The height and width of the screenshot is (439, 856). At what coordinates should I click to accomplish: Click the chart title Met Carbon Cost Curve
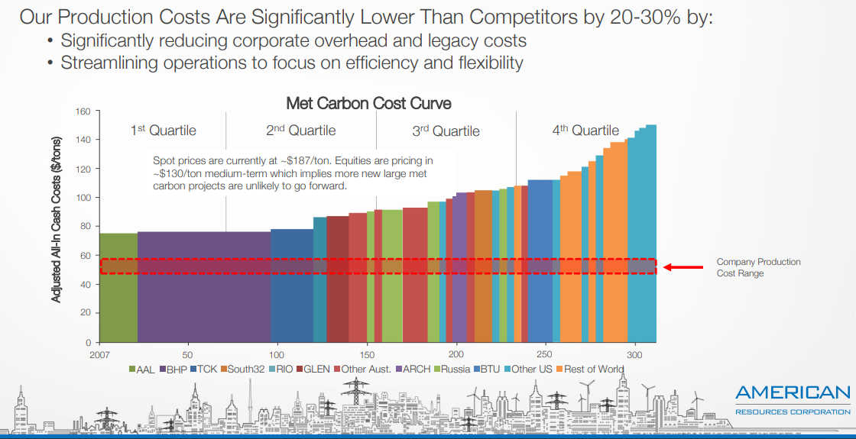tap(368, 102)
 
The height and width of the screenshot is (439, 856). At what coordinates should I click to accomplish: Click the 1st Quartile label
tap(163, 131)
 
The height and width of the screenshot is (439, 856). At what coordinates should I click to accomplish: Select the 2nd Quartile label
tap(300, 131)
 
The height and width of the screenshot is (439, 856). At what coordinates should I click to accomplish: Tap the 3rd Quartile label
tap(446, 131)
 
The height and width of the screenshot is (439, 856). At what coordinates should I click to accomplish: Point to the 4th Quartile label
tap(585, 131)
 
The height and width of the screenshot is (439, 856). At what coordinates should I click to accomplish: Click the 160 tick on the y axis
tap(83, 111)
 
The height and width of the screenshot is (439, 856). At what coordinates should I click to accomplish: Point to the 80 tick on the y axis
tap(86, 226)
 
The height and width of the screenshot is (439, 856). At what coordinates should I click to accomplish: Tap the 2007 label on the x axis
tap(99, 355)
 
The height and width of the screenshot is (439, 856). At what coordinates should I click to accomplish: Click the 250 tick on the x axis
tap(544, 355)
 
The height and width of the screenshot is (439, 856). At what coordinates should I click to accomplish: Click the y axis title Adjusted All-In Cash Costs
tap(57, 219)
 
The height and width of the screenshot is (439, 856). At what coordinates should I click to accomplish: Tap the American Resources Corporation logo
tap(793, 400)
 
